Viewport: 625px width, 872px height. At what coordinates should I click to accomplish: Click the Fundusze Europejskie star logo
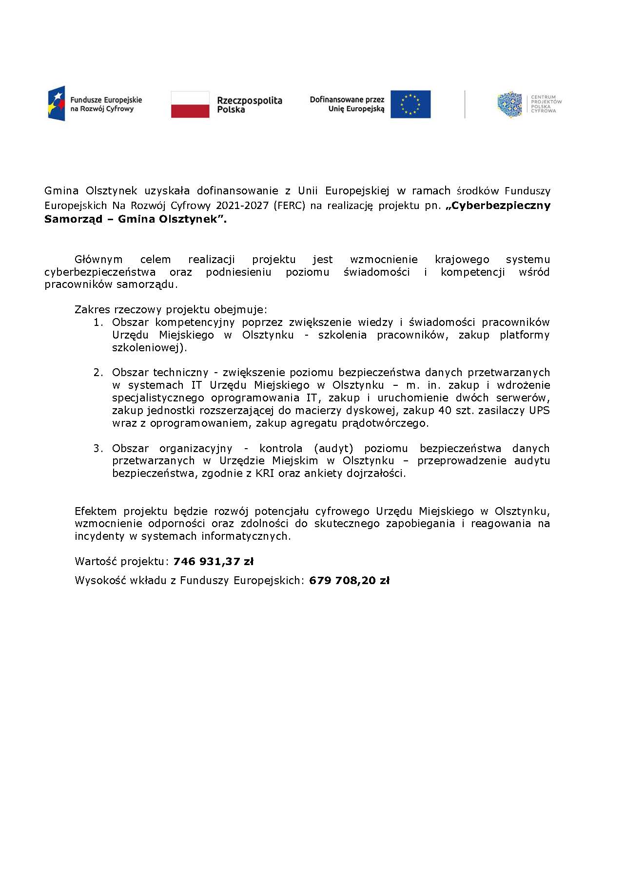pyautogui.click(x=56, y=104)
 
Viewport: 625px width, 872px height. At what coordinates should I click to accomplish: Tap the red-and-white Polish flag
pyautogui.click(x=190, y=104)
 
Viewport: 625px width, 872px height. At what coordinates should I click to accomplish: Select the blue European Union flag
pyautogui.click(x=410, y=104)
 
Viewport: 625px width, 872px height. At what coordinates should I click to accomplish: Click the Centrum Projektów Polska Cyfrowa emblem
pyautogui.click(x=509, y=104)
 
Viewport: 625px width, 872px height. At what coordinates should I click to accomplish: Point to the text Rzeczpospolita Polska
pyautogui.click(x=249, y=105)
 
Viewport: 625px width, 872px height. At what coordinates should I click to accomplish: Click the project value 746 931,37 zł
pyautogui.click(x=213, y=562)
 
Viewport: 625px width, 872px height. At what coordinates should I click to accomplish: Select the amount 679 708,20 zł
pyautogui.click(x=349, y=581)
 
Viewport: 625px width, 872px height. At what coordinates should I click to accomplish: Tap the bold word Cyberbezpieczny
pyautogui.click(x=501, y=206)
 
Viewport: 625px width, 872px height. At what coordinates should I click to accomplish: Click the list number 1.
pyautogui.click(x=98, y=322)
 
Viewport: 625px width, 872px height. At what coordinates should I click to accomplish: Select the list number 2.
pyautogui.click(x=98, y=373)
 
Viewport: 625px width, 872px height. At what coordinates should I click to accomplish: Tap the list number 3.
pyautogui.click(x=98, y=449)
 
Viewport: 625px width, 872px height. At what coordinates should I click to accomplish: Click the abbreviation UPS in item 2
pyautogui.click(x=539, y=411)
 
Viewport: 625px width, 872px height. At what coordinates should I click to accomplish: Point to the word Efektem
pyautogui.click(x=96, y=512)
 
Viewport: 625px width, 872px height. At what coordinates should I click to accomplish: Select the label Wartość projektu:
pyautogui.click(x=122, y=562)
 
